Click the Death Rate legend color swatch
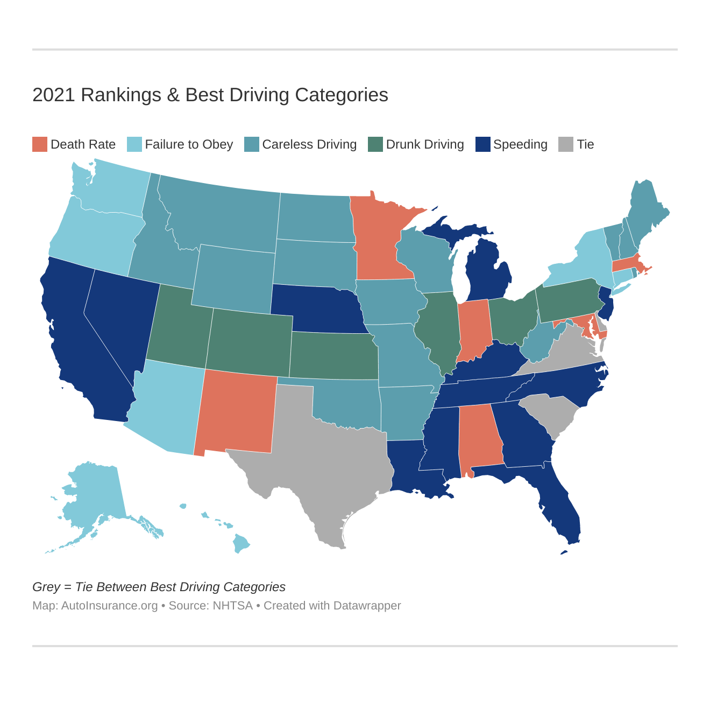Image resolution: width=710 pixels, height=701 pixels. pyautogui.click(x=40, y=144)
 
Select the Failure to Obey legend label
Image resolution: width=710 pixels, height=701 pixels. pyautogui.click(x=189, y=144)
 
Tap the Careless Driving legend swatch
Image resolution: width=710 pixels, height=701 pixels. pyautogui.click(x=252, y=144)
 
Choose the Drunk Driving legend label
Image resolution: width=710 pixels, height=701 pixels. pyautogui.click(x=424, y=144)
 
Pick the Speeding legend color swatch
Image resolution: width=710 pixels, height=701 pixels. pyautogui.click(x=483, y=144)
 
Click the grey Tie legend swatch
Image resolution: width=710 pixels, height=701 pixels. pyautogui.click(x=566, y=144)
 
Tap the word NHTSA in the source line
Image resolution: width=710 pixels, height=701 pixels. pyautogui.click(x=232, y=606)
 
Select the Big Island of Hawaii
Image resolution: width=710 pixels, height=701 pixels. pyautogui.click(x=242, y=544)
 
